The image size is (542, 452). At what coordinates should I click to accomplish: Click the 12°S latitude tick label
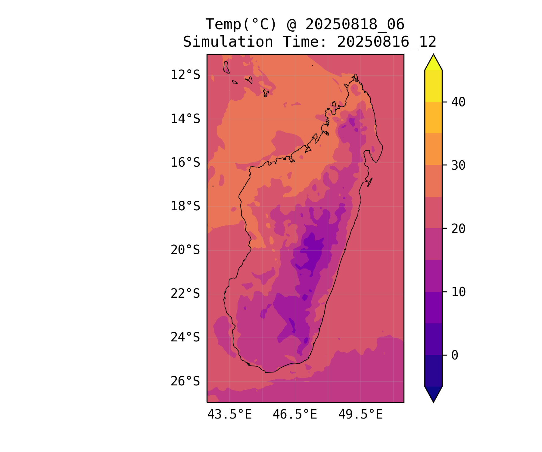pos(185,75)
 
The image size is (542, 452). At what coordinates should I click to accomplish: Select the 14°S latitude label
pos(185,119)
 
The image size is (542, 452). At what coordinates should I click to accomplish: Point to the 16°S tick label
pos(185,162)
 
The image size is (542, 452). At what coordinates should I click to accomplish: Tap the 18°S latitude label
pos(185,206)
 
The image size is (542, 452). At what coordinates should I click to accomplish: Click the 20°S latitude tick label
pos(185,250)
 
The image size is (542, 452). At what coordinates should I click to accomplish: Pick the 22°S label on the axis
pos(185,293)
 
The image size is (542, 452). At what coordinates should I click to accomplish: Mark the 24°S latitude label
pos(185,337)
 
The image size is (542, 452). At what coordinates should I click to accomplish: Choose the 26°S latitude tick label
pos(185,381)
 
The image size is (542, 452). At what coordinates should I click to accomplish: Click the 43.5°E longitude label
pos(229,415)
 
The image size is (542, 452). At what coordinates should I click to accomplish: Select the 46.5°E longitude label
pos(295,415)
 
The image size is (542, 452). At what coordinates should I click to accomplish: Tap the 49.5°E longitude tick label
pos(360,415)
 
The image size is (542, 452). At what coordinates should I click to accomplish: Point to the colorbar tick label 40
pos(458,102)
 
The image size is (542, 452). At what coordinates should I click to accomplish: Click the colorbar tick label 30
pos(458,165)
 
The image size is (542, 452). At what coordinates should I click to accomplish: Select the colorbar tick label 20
pos(458,229)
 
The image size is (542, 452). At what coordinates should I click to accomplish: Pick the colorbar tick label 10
pos(458,292)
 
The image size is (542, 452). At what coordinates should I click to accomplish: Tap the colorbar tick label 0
pos(455,355)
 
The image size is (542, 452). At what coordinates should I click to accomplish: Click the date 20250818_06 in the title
pos(355,24)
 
